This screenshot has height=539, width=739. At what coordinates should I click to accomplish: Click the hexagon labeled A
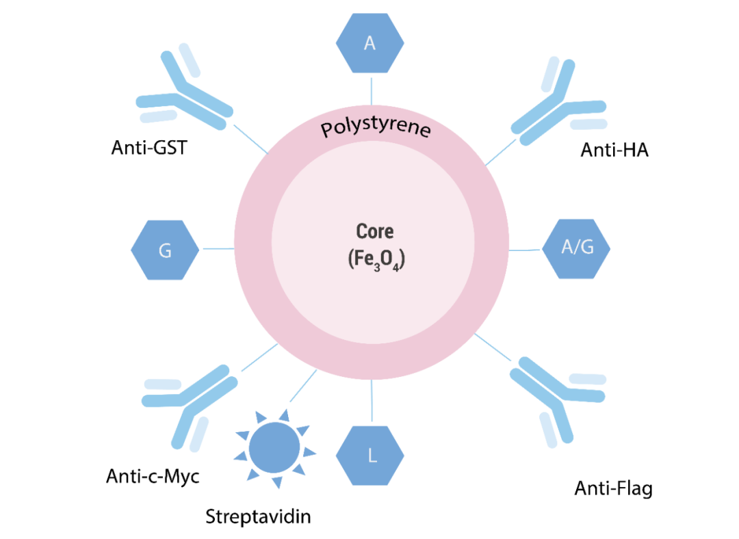pos(370,43)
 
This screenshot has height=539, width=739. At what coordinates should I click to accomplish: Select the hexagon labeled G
pos(165,250)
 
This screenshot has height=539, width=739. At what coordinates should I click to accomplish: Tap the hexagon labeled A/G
pos(576,248)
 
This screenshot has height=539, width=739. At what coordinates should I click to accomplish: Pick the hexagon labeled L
pos(370,456)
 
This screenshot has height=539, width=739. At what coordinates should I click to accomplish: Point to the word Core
pos(374,231)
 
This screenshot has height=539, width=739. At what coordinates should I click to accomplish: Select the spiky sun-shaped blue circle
pos(274,448)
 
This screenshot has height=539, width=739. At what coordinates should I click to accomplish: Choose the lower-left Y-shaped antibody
pos(192,400)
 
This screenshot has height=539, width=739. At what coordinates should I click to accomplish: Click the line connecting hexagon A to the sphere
pos(372,90)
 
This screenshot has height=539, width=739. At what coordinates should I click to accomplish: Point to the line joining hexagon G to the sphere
pos(217,249)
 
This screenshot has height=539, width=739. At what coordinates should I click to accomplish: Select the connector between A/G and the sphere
pos(525,250)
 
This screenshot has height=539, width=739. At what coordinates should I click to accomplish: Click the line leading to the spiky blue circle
pos(303,386)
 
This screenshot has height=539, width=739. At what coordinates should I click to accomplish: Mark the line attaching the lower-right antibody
pos(493,348)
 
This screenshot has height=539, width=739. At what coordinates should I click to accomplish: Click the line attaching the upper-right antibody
pos(501,152)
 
